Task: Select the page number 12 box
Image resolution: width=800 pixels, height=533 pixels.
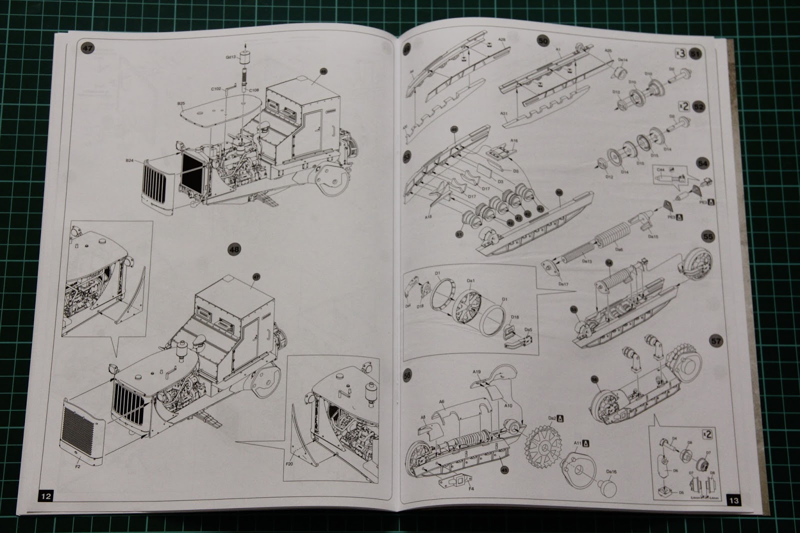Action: [45, 496]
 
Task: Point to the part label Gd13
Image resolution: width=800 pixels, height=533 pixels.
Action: [230, 57]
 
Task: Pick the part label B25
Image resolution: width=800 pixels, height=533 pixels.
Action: [181, 104]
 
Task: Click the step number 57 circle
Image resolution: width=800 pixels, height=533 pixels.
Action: [716, 341]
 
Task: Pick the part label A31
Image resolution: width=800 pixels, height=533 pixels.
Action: [504, 113]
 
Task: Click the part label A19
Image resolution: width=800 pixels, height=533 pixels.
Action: [477, 371]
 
